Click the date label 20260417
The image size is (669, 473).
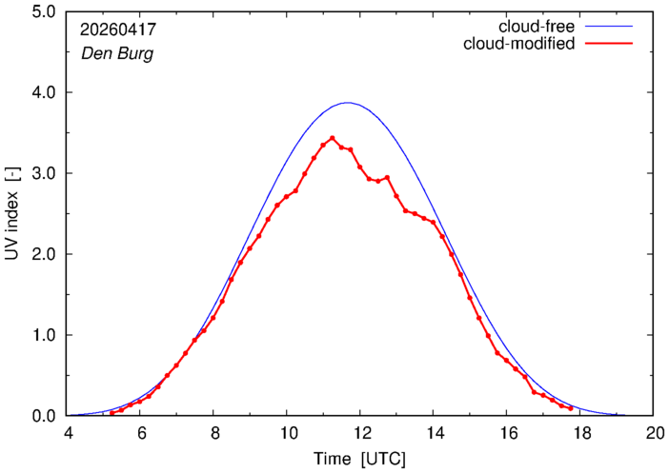click(x=118, y=30)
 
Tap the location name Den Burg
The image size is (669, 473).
click(x=117, y=54)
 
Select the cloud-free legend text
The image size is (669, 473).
click(x=537, y=27)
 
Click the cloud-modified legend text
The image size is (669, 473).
click(x=518, y=44)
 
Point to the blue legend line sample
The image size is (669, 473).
click(x=609, y=27)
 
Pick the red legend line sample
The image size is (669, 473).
click(x=609, y=44)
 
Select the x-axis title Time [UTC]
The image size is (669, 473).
click(x=359, y=459)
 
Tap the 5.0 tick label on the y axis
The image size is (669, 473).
click(x=44, y=11)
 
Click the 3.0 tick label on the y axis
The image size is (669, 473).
click(x=44, y=173)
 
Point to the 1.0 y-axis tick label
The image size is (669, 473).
click(x=44, y=335)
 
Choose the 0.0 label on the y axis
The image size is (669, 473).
click(x=44, y=416)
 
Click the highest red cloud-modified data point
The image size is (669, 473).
click(x=333, y=138)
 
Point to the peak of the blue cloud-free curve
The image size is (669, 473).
click(x=348, y=102)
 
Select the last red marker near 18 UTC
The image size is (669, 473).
click(x=571, y=408)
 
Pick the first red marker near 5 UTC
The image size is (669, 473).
click(x=112, y=413)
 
